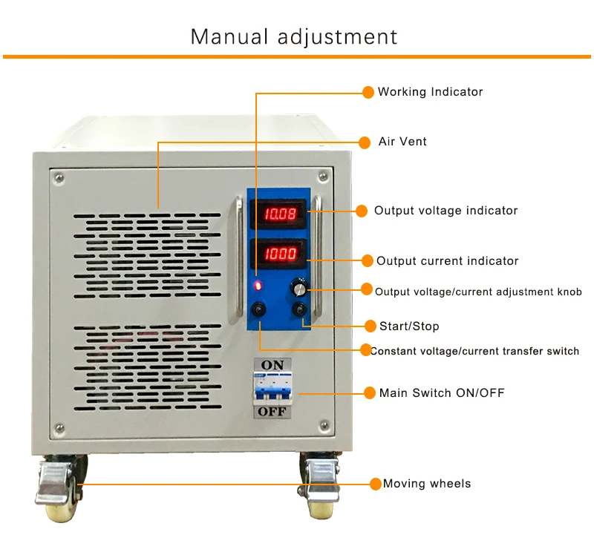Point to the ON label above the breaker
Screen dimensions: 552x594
[272, 364]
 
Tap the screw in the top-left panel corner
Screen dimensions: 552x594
[59, 177]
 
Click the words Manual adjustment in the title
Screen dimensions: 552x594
[294, 36]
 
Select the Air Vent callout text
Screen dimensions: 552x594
[402, 141]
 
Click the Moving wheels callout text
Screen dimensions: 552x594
[427, 484]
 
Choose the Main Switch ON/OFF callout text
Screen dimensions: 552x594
[442, 392]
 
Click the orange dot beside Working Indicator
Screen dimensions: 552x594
[368, 92]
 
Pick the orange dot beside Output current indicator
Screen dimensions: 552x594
[366, 260]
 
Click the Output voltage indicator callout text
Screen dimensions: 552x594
[446, 211]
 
